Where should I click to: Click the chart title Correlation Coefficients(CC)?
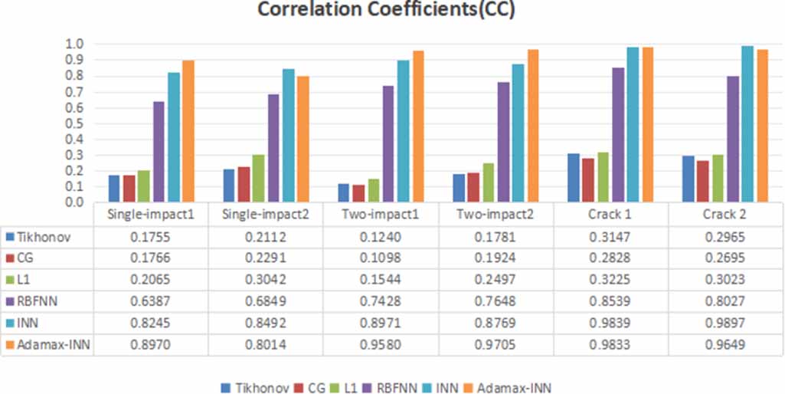click(391, 11)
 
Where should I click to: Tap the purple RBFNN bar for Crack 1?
click(617, 135)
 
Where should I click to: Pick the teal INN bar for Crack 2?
click(747, 124)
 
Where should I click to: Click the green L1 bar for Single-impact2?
click(259, 179)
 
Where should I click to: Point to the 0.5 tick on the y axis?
click(74, 123)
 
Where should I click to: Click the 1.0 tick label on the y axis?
click(74, 44)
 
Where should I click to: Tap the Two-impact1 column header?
click(381, 214)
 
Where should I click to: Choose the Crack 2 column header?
click(725, 214)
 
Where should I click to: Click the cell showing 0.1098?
click(381, 259)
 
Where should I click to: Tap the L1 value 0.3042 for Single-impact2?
click(265, 281)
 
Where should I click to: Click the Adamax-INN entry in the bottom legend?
click(514, 388)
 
